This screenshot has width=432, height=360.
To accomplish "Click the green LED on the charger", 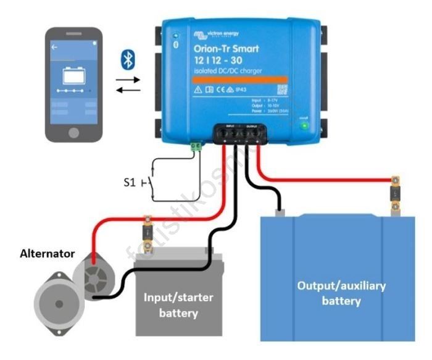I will pyautogui.click(x=304, y=125).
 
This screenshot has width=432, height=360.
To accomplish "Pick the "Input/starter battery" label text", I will pyautogui.click(x=179, y=305).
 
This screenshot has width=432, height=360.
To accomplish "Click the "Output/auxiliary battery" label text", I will pyautogui.click(x=341, y=293).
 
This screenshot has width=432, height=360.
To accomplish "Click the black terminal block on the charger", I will pyautogui.click(x=240, y=133).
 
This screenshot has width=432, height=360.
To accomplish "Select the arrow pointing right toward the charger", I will pyautogui.click(x=128, y=80).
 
